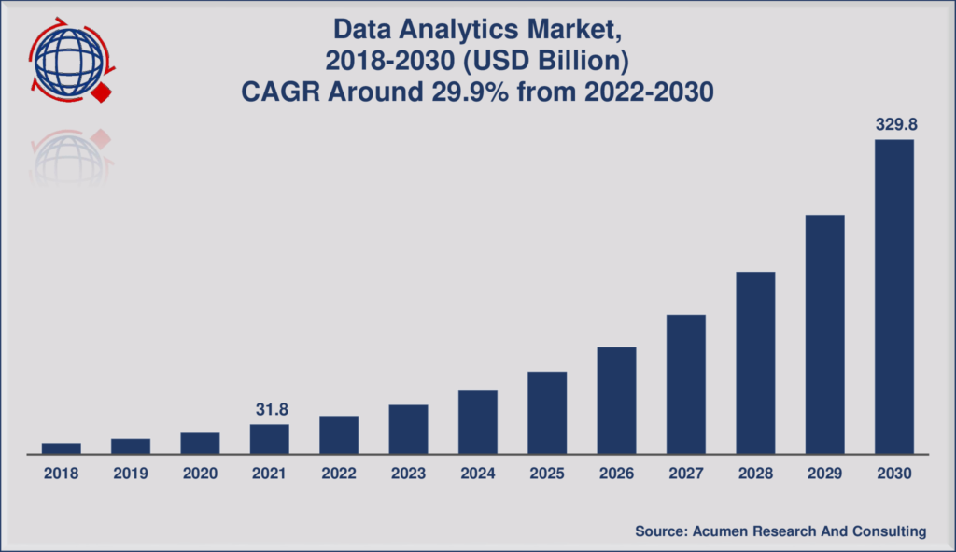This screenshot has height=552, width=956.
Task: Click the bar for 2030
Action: coord(893,296)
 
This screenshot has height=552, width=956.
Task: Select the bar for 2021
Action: coord(269,439)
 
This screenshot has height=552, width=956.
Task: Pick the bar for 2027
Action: coord(685,384)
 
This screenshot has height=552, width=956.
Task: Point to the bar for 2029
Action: coord(824,334)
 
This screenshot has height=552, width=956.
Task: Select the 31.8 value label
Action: coord(269,409)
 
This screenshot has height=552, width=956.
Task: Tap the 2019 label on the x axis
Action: coord(131,474)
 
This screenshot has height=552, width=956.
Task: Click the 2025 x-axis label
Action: coord(547,474)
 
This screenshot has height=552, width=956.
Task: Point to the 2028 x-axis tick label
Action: coord(755,474)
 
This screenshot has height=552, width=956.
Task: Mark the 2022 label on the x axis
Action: coord(339,474)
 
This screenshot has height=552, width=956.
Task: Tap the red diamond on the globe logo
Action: coord(102,92)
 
